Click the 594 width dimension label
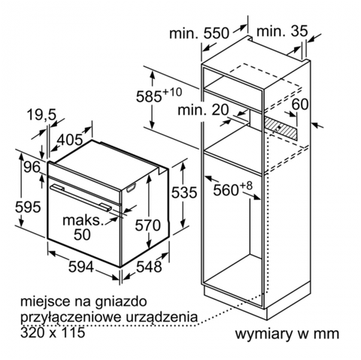81,266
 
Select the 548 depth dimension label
149,266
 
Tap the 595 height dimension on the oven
28,207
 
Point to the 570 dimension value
148,225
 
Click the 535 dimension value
184,192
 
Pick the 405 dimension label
70,140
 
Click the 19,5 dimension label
42,115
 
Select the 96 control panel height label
32,167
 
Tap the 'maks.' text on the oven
83,220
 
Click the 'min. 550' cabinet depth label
199,33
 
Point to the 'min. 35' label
282,31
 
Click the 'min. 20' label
203,110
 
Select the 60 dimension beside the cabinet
300,104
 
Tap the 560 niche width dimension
232,189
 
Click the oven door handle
81,197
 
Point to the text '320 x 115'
53,332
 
